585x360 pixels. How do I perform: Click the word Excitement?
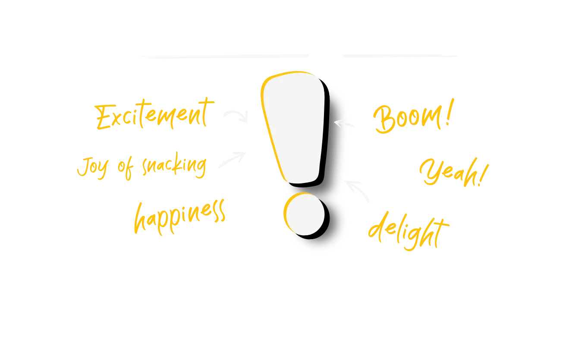154,114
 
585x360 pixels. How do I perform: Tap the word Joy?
93,168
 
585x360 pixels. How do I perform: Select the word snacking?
174,165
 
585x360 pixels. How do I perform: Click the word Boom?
407,118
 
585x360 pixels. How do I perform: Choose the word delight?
409,231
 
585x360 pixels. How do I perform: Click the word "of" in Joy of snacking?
126,168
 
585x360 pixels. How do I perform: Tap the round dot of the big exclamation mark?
305,214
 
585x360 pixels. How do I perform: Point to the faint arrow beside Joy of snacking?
233,159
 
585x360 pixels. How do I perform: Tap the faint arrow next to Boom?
344,123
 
